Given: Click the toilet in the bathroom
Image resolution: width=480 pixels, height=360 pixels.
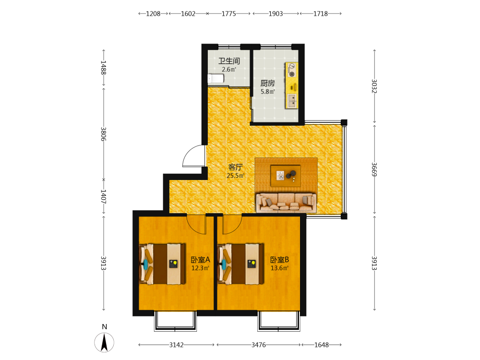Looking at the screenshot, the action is tap(216, 79).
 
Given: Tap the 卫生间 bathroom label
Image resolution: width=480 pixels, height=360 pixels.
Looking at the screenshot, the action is tap(229, 61).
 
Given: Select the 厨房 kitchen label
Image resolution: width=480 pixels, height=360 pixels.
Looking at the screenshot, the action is tap(267, 83).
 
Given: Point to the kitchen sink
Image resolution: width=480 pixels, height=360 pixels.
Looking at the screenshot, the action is tap(292, 101).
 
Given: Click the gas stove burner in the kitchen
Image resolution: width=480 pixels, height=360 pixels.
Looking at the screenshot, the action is tap(292, 74).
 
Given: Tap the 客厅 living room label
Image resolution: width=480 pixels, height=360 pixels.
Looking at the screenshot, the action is tap(235, 167).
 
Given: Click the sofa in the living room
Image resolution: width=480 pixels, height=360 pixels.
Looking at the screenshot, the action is tap(286, 203).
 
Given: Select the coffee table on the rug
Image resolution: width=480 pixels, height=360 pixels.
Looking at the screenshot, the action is tap(286, 176).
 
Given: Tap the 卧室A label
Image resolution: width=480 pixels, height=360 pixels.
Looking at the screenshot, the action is tap(201, 260).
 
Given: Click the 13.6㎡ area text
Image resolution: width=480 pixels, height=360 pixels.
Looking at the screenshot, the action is tap(279, 268).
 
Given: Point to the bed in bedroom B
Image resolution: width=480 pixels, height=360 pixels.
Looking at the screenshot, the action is tap(240, 264).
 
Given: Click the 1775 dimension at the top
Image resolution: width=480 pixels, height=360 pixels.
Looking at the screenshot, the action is tap(229, 13).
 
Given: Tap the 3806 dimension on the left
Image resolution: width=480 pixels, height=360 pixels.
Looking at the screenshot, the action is tap(104, 134).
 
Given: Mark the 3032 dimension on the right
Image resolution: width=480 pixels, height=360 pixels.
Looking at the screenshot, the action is tap(374, 86).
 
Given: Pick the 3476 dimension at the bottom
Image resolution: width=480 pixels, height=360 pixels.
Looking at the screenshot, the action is tap(259, 345).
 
